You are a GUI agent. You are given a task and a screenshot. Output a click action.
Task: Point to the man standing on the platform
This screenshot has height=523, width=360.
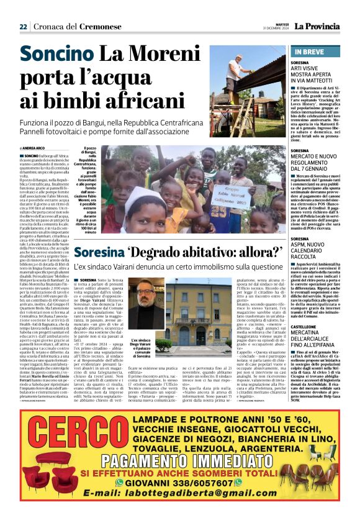click(x=239, y=69)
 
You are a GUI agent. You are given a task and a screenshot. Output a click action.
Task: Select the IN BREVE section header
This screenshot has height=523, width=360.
click(x=312, y=51)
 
